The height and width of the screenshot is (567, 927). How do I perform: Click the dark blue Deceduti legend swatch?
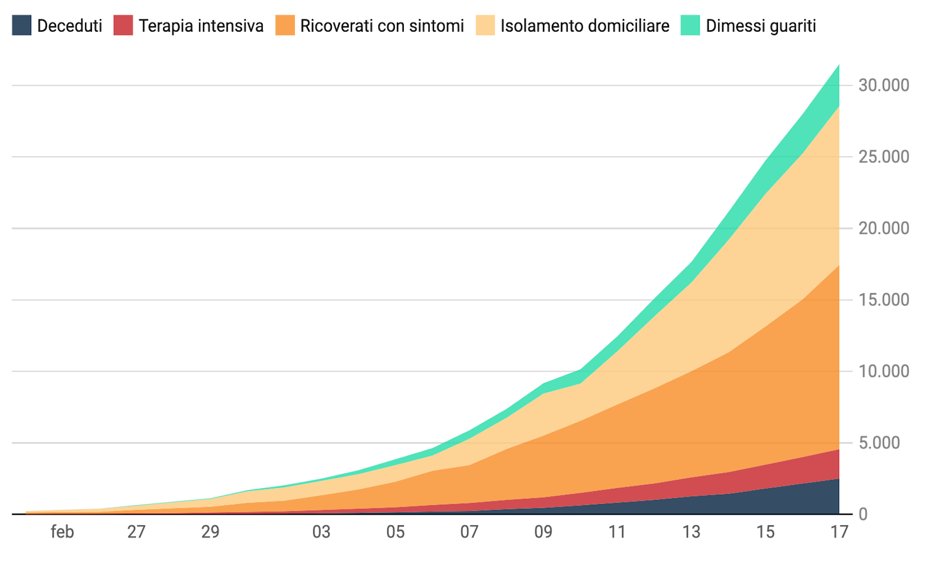pos(22,25)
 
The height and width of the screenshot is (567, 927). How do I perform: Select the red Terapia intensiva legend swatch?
pos(123,25)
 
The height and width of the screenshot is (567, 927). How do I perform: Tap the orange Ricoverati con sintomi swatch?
pos(285,25)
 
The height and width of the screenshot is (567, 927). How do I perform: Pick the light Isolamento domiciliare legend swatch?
pos(485,25)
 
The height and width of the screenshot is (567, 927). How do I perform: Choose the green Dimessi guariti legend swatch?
pos(690,25)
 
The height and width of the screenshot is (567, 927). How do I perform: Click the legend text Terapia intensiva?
pos(201,26)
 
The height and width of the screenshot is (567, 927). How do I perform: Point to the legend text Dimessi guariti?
pos(761,26)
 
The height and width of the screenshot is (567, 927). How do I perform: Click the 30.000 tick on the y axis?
pos(884,85)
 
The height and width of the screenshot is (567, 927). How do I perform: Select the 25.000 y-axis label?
pos(884,157)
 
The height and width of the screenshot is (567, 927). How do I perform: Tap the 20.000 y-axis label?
pos(884,228)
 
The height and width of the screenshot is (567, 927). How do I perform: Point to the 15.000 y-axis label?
pos(884,300)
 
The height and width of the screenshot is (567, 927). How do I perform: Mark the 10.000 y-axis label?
pos(884,371)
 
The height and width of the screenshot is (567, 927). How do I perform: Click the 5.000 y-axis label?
pos(886,442)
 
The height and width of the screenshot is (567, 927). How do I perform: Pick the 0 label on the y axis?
pos(863,514)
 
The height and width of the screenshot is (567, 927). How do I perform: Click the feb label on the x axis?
pos(62,532)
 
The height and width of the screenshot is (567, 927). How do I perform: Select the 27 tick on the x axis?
pos(136,532)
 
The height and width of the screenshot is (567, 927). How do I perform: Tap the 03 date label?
pos(321,532)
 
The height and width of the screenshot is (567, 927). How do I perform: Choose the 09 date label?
pos(543,532)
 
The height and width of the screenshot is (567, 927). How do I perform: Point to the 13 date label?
pos(691,532)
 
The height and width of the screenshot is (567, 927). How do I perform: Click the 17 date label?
pos(839,532)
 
